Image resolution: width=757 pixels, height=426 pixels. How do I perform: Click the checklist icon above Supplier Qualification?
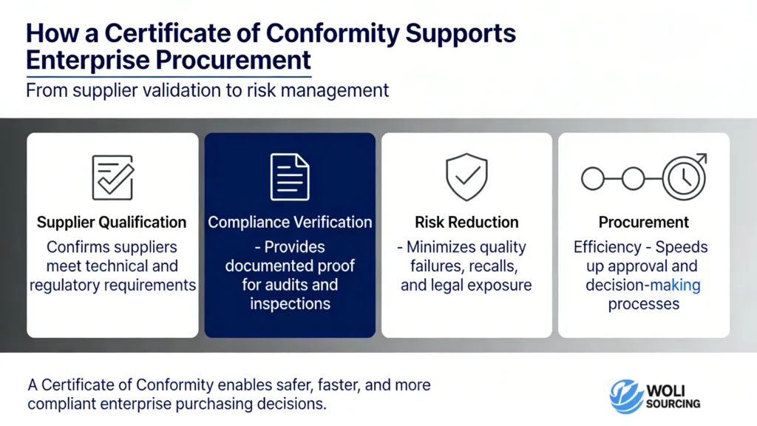(112, 177)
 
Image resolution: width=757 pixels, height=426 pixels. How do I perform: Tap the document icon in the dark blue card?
(290, 177)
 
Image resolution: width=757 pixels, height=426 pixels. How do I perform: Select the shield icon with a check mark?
(466, 177)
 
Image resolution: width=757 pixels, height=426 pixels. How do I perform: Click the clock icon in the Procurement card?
(684, 177)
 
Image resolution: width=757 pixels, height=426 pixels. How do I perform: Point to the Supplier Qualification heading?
(112, 223)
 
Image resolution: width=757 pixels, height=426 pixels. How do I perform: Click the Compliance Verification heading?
(290, 223)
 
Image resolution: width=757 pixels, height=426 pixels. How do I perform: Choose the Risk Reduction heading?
(466, 223)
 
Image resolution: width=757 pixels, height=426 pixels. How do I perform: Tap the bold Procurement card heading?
(643, 223)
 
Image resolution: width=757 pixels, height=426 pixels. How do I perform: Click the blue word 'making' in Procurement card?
(673, 285)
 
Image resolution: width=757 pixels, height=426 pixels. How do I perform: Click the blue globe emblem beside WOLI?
(626, 396)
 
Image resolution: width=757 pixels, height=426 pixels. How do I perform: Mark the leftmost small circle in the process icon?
(593, 178)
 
